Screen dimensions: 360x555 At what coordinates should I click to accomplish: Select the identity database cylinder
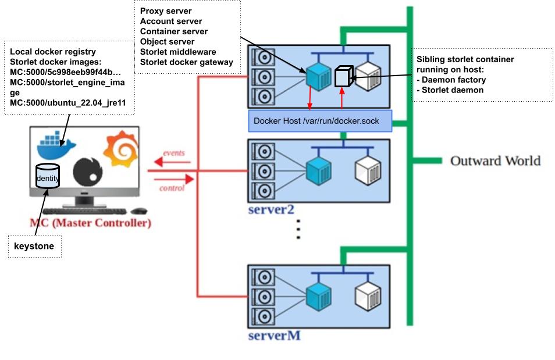pyautogui.click(x=47, y=176)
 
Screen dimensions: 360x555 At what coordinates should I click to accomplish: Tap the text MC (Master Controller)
pyautogui.click(x=90, y=223)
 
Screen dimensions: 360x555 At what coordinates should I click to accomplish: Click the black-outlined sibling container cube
pyautogui.click(x=344, y=76)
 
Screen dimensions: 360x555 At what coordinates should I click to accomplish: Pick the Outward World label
pyautogui.click(x=495, y=161)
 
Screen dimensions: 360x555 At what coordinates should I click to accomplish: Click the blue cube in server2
pyautogui.click(x=318, y=169)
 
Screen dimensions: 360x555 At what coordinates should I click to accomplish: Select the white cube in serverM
pyautogui.click(x=368, y=295)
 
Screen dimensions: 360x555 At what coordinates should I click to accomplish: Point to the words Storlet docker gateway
pyautogui.click(x=186, y=62)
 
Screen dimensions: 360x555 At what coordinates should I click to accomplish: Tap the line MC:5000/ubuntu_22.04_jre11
pyautogui.click(x=68, y=103)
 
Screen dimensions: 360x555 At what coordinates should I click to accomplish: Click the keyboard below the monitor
pyautogui.click(x=84, y=211)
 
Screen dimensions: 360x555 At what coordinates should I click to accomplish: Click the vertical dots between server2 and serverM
pyautogui.click(x=298, y=230)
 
